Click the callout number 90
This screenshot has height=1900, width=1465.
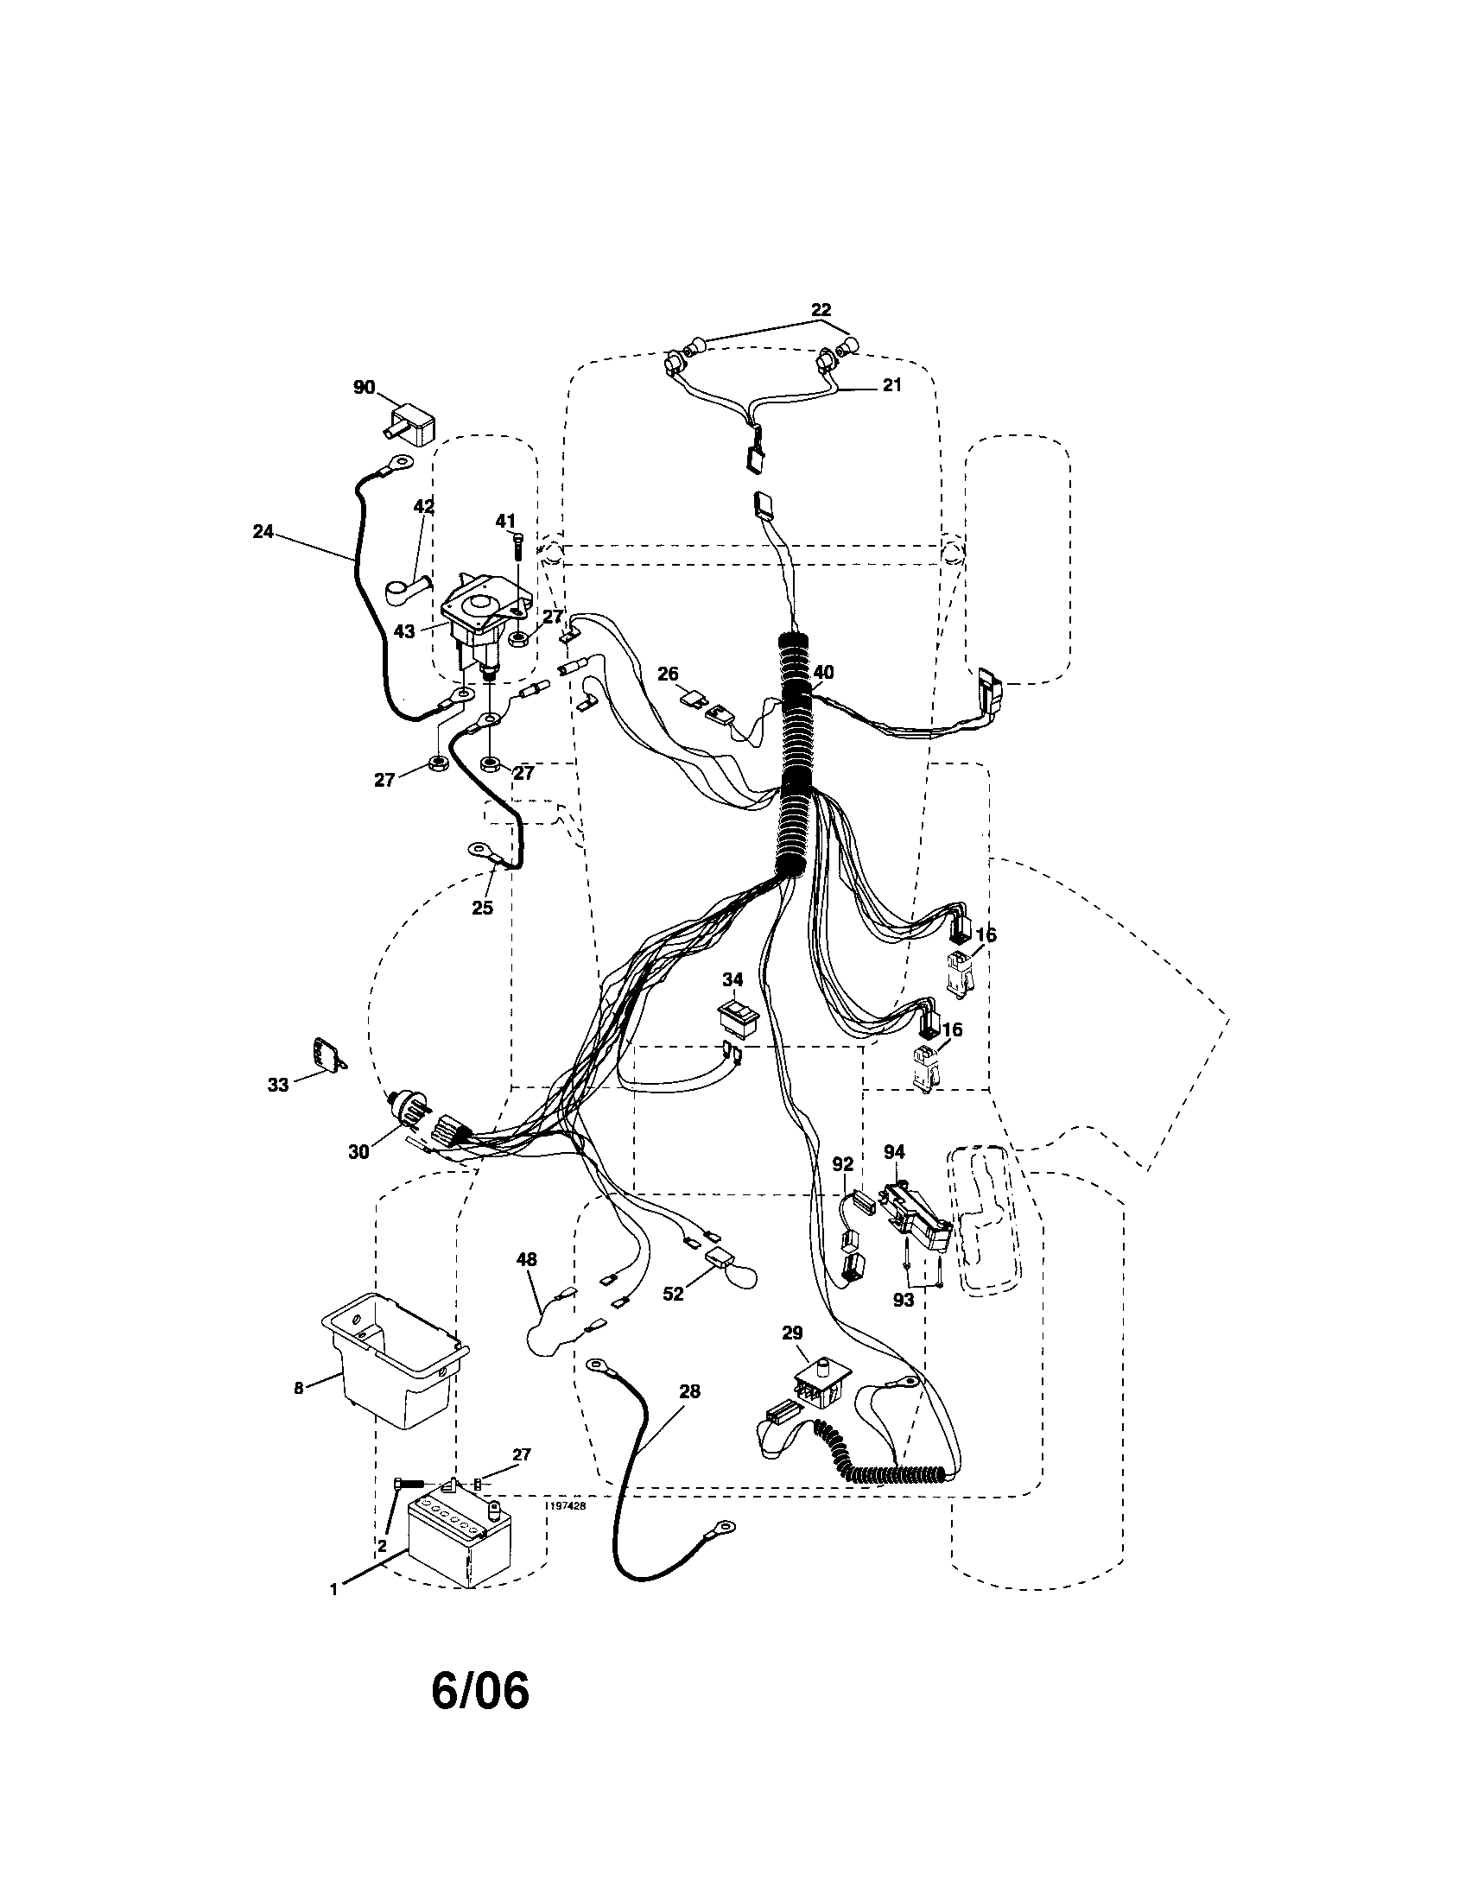coord(364,387)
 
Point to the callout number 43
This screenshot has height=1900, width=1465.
coord(403,630)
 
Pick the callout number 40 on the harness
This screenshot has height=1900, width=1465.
coord(823,673)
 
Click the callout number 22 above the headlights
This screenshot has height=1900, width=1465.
coord(821,310)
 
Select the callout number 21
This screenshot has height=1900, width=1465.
coord(891,385)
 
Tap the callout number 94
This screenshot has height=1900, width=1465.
coord(893,1152)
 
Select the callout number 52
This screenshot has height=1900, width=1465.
coord(674,1317)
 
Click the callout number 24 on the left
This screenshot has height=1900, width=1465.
coord(263,531)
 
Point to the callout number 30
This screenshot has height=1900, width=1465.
coord(358,1152)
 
